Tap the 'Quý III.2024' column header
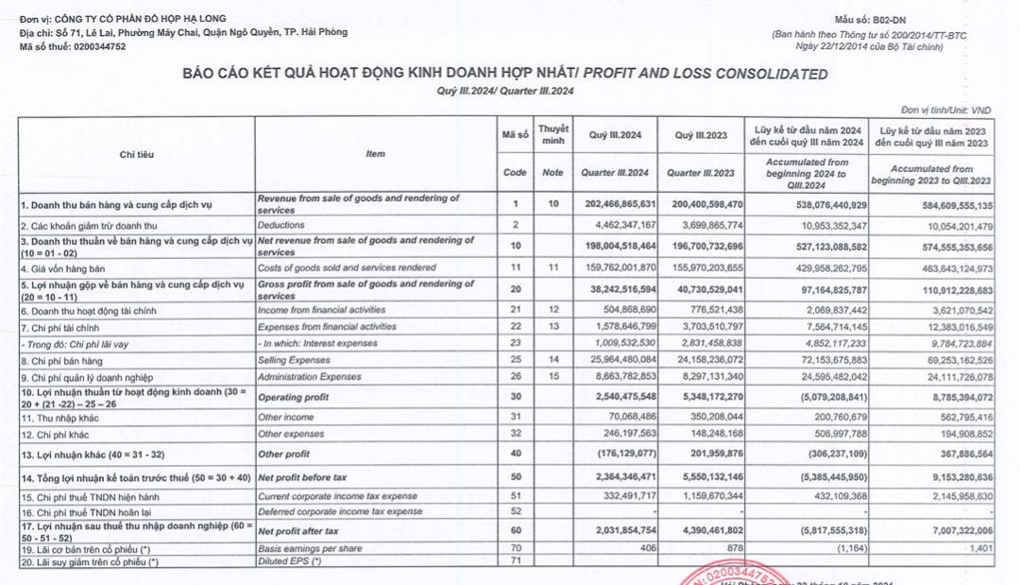pos(615,135)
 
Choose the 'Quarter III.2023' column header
pos(700,173)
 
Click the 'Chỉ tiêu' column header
pos(137,154)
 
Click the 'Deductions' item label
pos(282,226)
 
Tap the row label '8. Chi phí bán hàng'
pos(62,361)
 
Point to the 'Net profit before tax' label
pos(301,479)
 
